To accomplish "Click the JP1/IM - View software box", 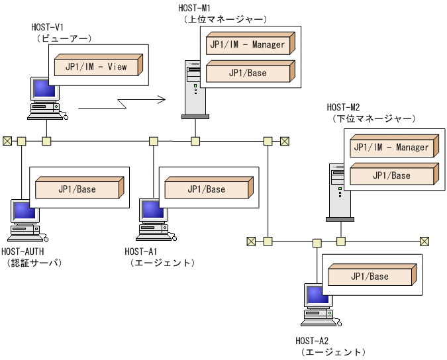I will click(96, 67).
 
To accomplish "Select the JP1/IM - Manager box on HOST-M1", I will click(247, 45).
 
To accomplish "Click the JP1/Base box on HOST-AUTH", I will click(77, 189).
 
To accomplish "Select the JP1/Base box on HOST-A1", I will click(206, 189).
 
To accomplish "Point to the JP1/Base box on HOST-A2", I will click(370, 276).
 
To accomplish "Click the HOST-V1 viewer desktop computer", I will click(46, 99).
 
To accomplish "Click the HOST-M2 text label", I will click(343, 107).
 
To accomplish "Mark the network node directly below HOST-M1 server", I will click(195, 141).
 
